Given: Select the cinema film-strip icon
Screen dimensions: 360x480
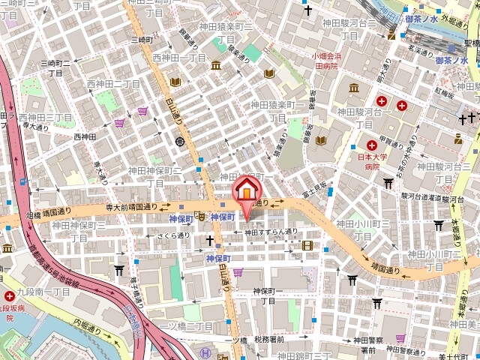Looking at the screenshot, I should pyautogui.click(x=306, y=245).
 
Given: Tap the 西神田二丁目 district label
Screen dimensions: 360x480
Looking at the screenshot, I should pyautogui.click(x=113, y=84).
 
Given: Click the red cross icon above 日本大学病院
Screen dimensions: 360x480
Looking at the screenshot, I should pyautogui.click(x=370, y=144).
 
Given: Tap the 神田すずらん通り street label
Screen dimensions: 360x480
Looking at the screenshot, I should pyautogui.click(x=271, y=232).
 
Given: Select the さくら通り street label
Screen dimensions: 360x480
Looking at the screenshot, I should pyautogui.click(x=173, y=235).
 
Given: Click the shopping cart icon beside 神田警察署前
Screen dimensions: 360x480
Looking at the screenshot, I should pyautogui.click(x=400, y=338).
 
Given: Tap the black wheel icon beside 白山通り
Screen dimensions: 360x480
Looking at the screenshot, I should pyautogui.click(x=180, y=141).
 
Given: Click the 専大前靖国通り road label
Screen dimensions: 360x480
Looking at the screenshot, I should pyautogui.click(x=132, y=205).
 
